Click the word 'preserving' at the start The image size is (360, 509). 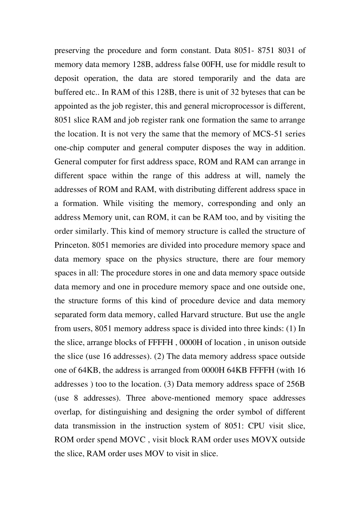(72, 51)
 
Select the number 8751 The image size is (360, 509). (267, 51)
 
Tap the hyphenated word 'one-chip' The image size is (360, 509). (68, 148)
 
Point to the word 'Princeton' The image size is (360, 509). (71, 245)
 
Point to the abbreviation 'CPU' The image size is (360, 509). (256, 426)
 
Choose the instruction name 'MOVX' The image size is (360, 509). (264, 440)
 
